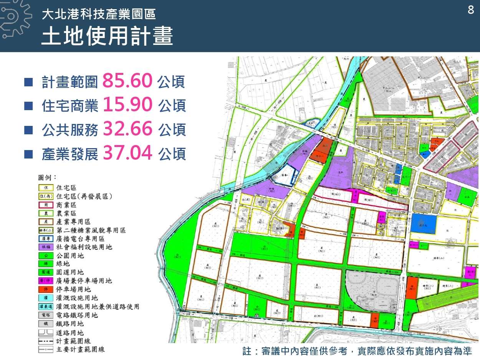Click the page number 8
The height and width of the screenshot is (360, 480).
coord(471,10)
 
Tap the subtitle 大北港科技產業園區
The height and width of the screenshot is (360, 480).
coord(99,15)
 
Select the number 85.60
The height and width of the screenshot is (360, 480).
coord(128,81)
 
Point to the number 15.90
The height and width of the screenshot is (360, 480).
coord(128,105)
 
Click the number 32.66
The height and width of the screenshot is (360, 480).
coord(128,129)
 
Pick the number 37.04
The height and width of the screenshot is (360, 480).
coord(128,153)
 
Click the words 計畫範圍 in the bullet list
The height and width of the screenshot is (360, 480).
coord(70,82)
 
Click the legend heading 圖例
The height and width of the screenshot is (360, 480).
coord(47,177)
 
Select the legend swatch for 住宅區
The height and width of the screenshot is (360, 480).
coord(46,188)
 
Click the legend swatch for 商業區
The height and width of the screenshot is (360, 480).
coord(46,205)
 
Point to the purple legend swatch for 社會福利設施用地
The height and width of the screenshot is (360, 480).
coord(46,247)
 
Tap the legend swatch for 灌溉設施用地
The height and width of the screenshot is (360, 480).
coord(46,298)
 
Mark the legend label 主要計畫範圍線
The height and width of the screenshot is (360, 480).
coord(80,349)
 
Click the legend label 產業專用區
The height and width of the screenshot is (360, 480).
coord(73,222)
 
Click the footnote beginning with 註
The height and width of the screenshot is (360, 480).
coord(357,351)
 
